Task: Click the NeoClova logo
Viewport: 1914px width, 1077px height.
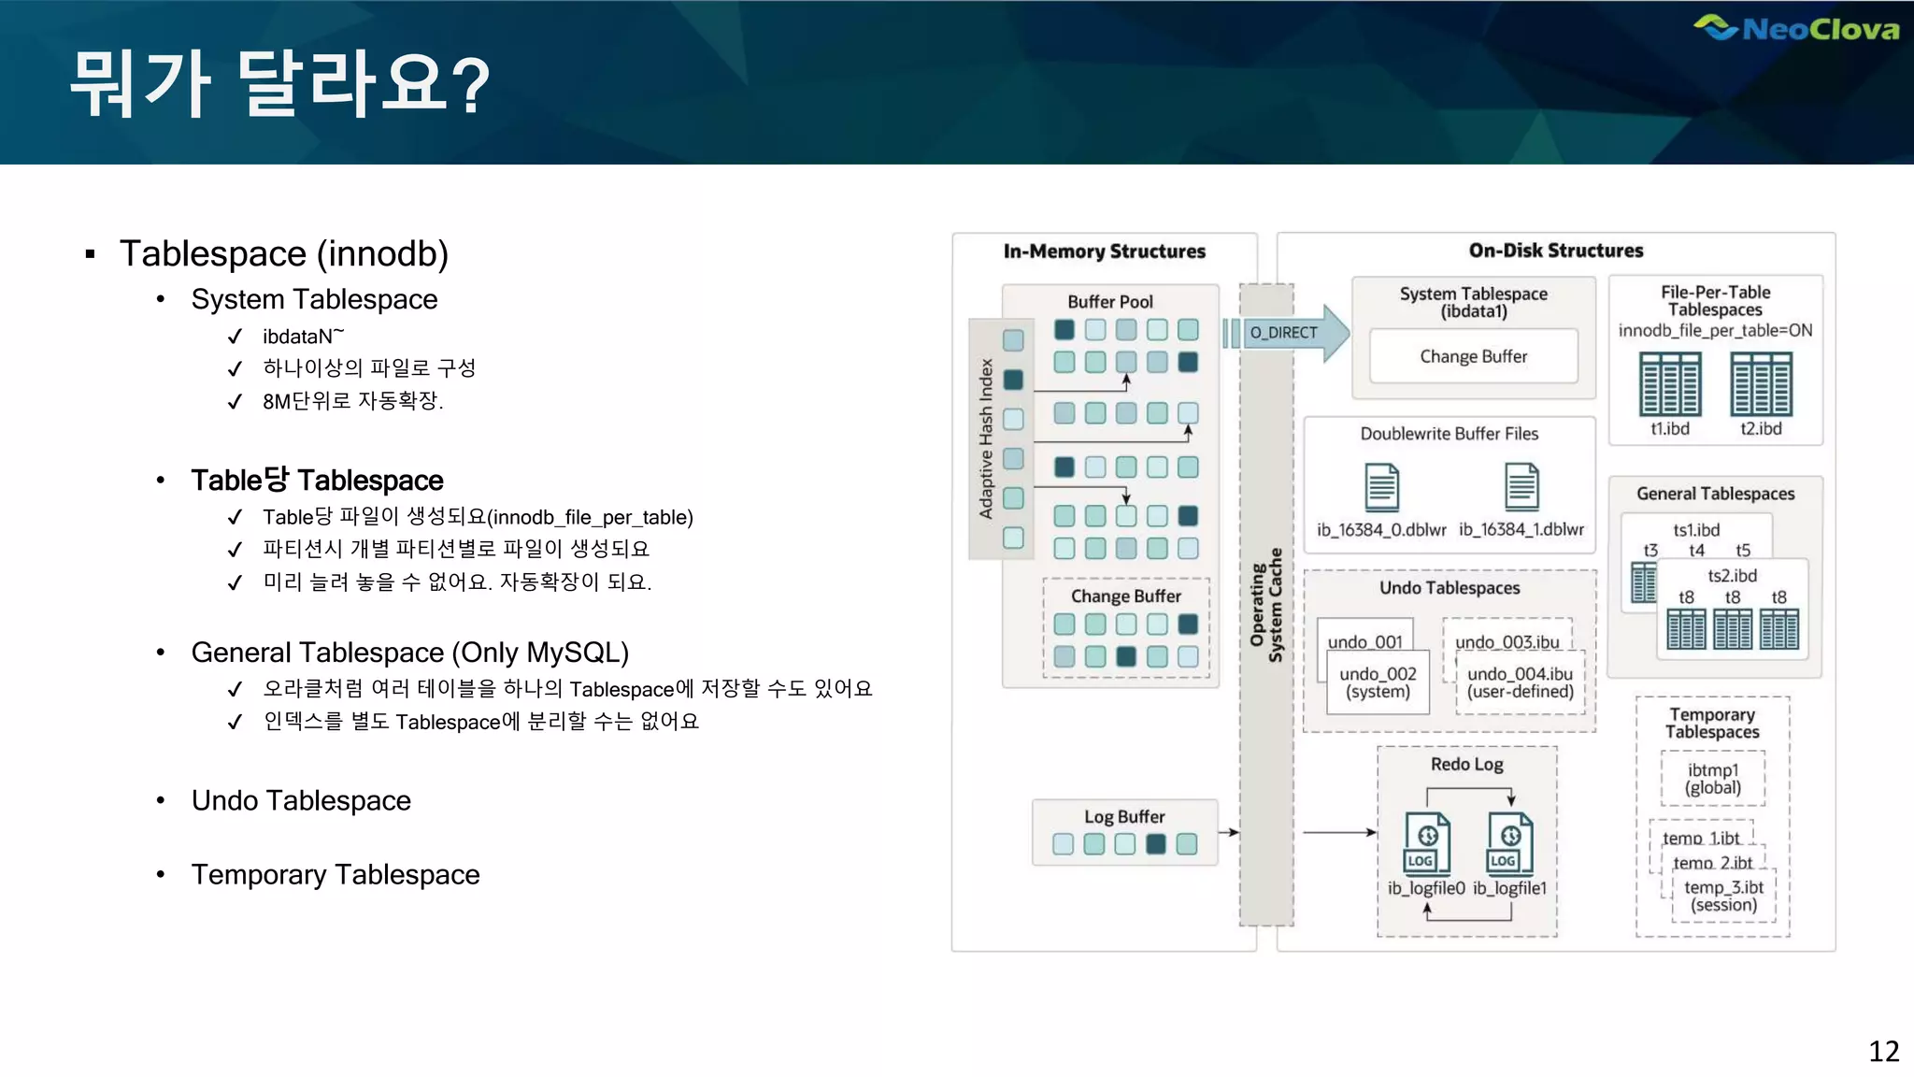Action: [1796, 28]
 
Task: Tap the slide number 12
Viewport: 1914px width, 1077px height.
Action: [1883, 1051]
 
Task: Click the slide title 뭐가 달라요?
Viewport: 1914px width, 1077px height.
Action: [279, 84]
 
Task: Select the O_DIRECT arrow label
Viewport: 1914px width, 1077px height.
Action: [1283, 333]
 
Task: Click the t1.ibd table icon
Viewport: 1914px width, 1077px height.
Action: [1670, 384]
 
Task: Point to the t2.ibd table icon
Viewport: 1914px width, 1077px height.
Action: [1761, 384]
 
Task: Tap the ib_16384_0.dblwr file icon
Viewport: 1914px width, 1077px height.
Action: [1381, 487]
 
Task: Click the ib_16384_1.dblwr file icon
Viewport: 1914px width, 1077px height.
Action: [1521, 487]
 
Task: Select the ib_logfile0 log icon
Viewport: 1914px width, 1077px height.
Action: [1427, 842]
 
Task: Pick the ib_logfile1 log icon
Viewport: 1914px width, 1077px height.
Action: [1509, 842]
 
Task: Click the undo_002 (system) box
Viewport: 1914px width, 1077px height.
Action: [1378, 682]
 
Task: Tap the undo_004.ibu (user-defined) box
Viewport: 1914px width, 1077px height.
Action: [1520, 682]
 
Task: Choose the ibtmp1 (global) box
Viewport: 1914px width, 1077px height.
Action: [1713, 779]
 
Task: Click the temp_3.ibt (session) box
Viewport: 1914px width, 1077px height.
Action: [1723, 896]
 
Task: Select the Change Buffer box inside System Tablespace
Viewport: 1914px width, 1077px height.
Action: [1473, 356]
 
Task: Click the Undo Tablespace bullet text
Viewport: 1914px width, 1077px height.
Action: [301, 800]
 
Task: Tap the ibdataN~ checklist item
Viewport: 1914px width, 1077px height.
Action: [303, 337]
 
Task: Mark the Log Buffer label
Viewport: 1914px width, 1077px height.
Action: [1124, 816]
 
